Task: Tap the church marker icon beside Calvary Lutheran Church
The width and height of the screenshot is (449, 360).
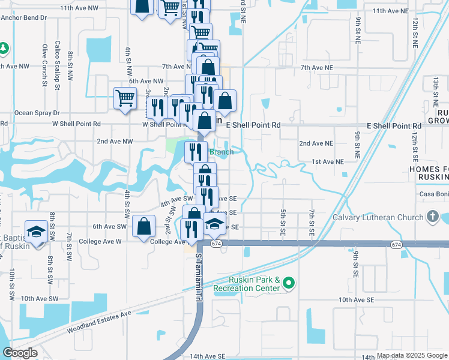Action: pyautogui.click(x=432, y=217)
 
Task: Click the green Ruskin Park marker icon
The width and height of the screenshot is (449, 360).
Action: pyautogui.click(x=289, y=282)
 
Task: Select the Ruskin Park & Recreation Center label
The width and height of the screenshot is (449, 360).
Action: pyautogui.click(x=254, y=284)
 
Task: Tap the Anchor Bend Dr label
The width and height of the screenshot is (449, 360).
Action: pyautogui.click(x=24, y=18)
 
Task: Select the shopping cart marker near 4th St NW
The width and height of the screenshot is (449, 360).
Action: pyautogui.click(x=124, y=98)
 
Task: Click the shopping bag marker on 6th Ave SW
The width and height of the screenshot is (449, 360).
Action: pyautogui.click(x=144, y=227)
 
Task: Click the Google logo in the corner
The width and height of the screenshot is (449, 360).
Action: pyautogui.click(x=20, y=353)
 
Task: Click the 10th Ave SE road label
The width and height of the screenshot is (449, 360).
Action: pyautogui.click(x=356, y=299)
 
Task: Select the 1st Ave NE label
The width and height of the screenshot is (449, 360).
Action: pyautogui.click(x=328, y=162)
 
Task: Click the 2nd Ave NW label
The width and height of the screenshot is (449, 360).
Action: pyautogui.click(x=115, y=142)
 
